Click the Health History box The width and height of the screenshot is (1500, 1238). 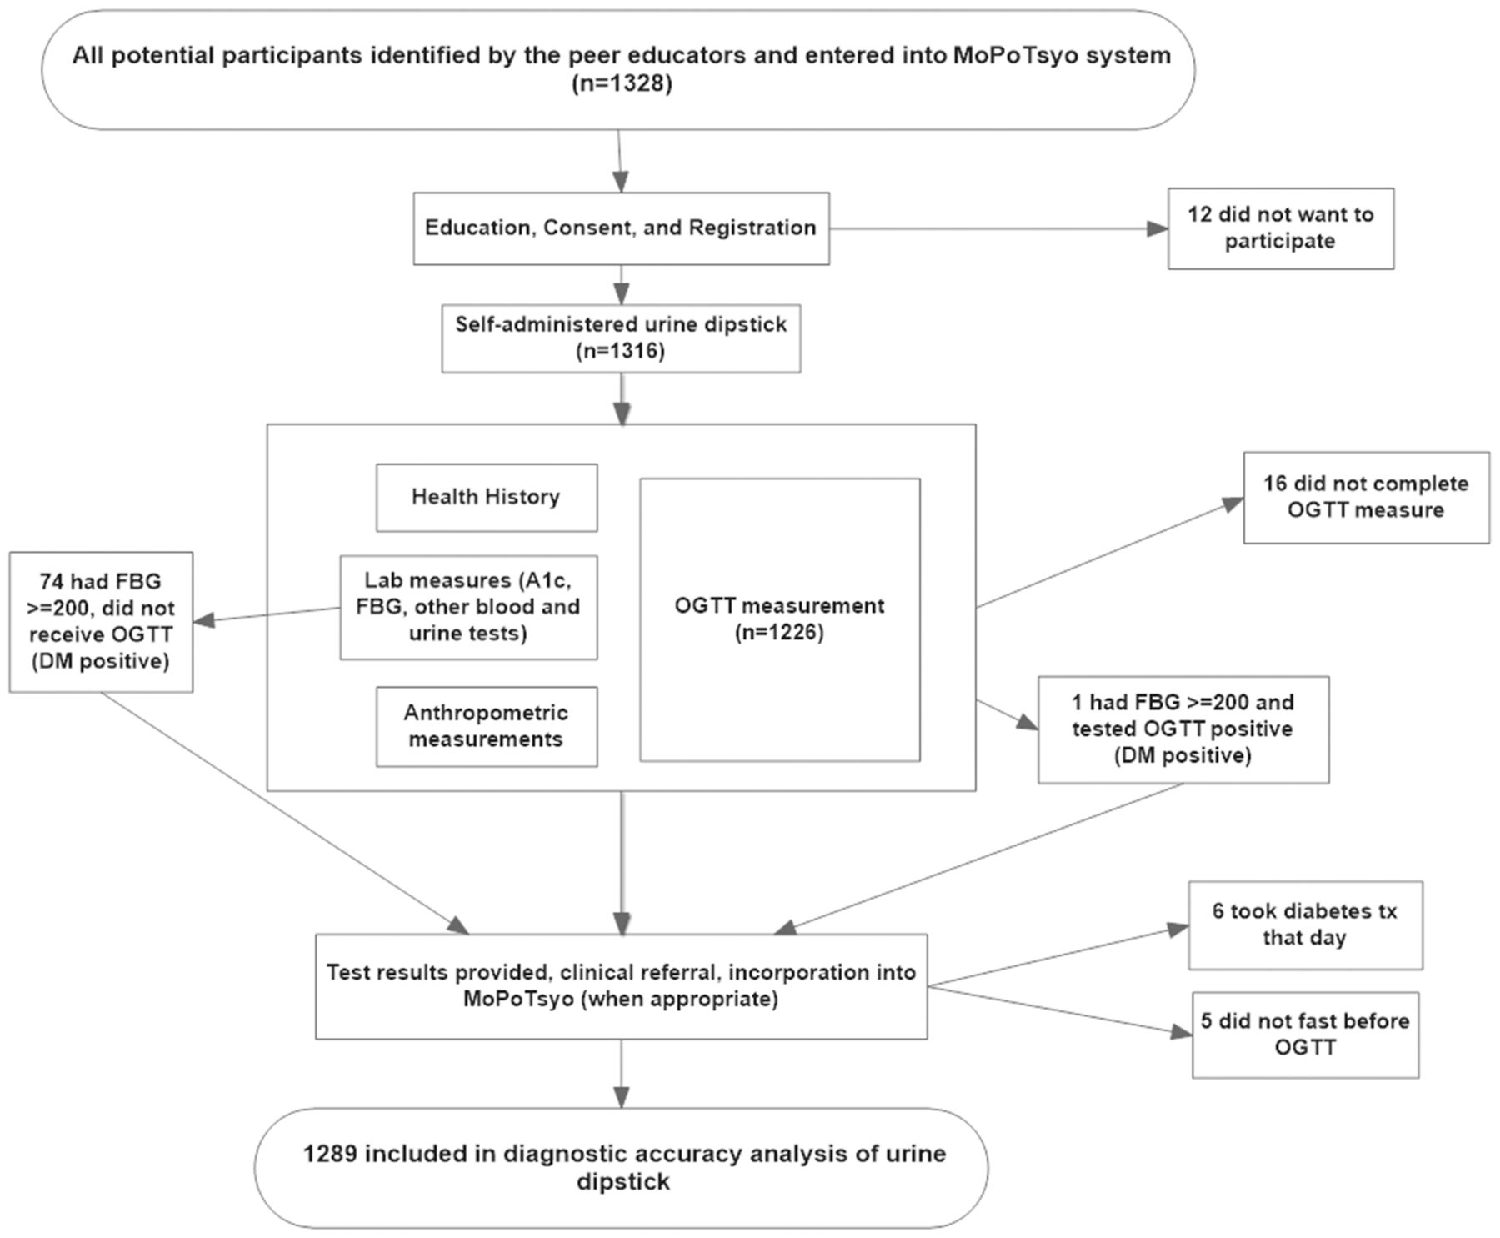coord(487,498)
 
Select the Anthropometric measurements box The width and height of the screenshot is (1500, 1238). coord(487,726)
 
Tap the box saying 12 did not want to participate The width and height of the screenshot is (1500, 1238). coord(1280,228)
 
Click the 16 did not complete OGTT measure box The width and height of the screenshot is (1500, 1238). coord(1366,498)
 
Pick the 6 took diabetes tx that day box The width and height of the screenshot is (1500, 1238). coord(1305,925)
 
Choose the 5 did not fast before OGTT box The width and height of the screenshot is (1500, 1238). coord(1305,1035)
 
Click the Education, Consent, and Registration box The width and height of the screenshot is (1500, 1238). coord(621,228)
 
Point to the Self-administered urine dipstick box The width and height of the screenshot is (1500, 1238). coord(621,338)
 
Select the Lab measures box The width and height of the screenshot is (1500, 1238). coord(468,607)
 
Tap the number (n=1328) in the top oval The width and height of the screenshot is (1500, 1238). coord(622,84)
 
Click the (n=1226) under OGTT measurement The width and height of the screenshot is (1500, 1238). coord(779,633)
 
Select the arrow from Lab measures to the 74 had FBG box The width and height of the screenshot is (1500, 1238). coord(267,614)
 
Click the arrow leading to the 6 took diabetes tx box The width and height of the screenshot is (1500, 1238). coord(1058,957)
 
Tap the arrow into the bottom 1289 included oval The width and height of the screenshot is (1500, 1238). coord(621,1073)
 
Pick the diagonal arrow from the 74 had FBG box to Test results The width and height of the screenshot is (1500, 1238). coord(285,813)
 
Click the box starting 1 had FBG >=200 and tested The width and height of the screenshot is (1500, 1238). coord(1183,729)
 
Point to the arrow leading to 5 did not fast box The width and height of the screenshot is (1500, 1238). coord(1060,1012)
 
